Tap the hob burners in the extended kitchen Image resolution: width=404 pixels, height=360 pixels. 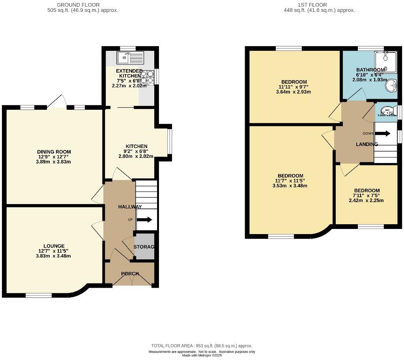coord(147,77)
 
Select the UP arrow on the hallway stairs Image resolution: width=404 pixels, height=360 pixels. coord(144,220)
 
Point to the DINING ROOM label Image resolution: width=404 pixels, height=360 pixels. coord(54,152)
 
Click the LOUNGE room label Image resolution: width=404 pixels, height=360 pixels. coord(54,246)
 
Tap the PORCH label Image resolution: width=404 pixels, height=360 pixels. coord(130,274)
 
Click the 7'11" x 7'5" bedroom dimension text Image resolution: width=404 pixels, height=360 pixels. coord(367,195)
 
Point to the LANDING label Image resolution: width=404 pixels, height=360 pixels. coord(367,144)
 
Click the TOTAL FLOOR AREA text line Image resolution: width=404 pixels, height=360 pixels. coord(202,346)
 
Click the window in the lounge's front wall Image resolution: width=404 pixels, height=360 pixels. coord(39,295)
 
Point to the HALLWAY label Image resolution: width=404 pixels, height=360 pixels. coord(130,206)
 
